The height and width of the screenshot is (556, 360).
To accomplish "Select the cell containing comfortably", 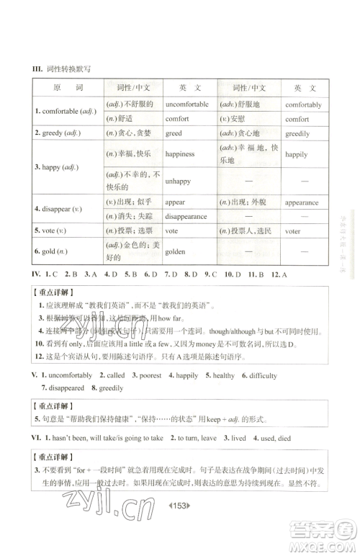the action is tap(303, 104).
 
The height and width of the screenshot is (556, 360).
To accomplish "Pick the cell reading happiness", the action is tap(180, 154).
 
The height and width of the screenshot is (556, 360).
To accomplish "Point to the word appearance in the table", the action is tap(302, 202).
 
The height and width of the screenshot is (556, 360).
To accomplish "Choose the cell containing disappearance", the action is tap(186, 216).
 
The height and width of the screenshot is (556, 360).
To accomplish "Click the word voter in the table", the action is tap(294, 232).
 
